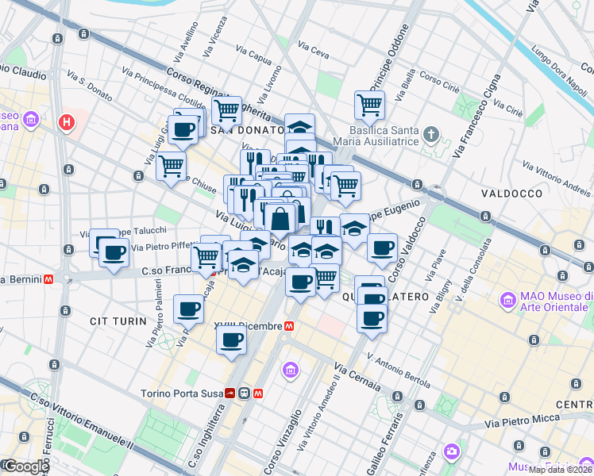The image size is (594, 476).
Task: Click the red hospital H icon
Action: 67,123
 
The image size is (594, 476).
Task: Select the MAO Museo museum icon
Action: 507,301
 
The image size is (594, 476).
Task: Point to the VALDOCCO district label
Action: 511,193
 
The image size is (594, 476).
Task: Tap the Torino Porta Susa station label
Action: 181,393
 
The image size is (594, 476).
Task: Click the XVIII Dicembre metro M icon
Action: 289,326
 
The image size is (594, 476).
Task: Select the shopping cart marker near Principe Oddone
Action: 369,104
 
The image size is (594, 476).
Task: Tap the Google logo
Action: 25,466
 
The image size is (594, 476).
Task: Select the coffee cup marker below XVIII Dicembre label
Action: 231,340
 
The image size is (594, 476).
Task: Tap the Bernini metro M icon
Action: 49,279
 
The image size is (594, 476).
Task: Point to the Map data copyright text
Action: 559,470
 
